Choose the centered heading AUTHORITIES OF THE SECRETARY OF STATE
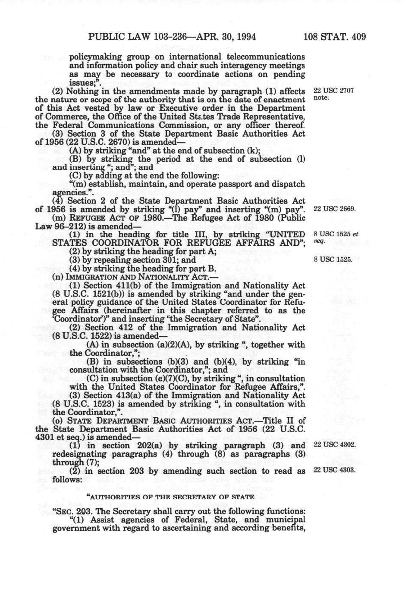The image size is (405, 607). [171, 497]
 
